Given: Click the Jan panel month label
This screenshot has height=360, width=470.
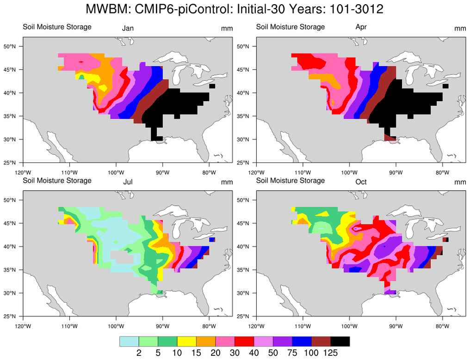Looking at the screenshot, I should point(128,29).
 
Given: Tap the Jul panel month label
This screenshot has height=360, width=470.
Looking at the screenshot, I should point(128,182).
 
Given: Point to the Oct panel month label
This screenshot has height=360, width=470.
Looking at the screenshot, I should point(361,182).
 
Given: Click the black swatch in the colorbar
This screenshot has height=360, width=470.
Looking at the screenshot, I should point(340,342).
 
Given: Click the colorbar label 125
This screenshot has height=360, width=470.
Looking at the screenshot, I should point(330,353).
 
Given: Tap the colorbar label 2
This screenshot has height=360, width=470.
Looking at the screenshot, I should point(139,353).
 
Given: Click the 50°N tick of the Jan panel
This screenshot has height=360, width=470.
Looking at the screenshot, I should point(11,46).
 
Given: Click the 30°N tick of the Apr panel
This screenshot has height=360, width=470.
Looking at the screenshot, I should point(244,139).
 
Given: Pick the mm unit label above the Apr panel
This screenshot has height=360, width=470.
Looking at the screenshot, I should point(460,29).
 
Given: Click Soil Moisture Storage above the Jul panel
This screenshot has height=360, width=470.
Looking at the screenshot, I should point(57,180).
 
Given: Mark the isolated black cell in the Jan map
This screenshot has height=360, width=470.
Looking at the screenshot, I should point(212,86).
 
